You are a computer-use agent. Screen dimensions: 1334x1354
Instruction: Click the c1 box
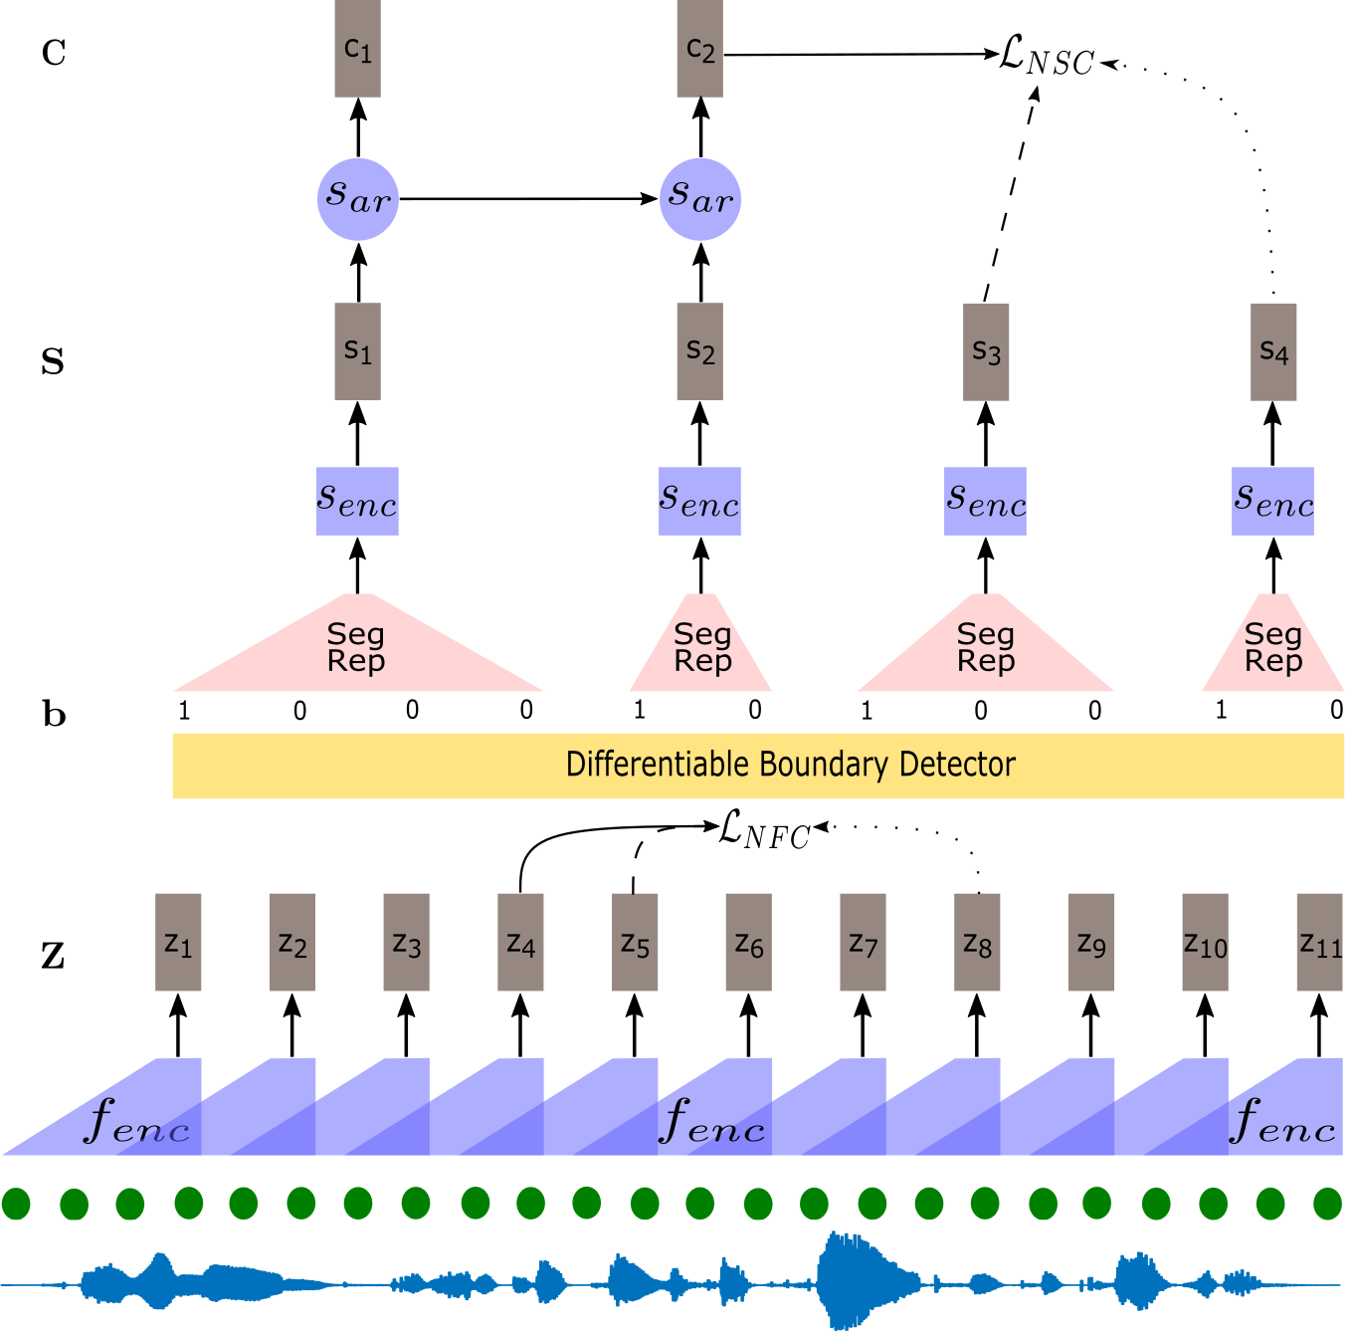(357, 48)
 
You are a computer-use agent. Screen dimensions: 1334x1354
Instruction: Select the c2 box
(699, 48)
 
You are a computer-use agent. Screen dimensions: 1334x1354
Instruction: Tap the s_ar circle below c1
(358, 199)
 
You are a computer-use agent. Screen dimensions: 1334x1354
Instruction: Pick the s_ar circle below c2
(700, 199)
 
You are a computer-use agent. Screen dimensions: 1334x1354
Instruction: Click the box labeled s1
(357, 351)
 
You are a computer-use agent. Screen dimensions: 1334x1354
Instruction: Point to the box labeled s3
(986, 351)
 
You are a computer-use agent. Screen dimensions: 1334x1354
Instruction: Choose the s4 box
(1273, 351)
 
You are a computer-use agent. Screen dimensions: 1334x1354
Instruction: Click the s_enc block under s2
(699, 501)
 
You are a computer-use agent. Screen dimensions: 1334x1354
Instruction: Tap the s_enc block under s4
(1272, 501)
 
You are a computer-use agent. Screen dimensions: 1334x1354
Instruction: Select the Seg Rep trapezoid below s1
(357, 647)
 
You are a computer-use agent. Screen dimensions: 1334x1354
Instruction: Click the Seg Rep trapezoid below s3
(986, 647)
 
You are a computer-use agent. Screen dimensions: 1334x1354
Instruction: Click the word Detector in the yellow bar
(957, 765)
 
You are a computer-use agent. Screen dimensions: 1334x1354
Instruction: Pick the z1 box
(178, 942)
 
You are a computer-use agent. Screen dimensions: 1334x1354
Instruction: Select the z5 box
(635, 942)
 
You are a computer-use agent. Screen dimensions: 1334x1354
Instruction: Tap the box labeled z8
(977, 942)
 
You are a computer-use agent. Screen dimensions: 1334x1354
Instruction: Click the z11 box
(1319, 942)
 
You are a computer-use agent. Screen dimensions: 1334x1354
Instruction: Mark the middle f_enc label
(712, 1122)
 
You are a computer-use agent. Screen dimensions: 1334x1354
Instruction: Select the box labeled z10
(1205, 942)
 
